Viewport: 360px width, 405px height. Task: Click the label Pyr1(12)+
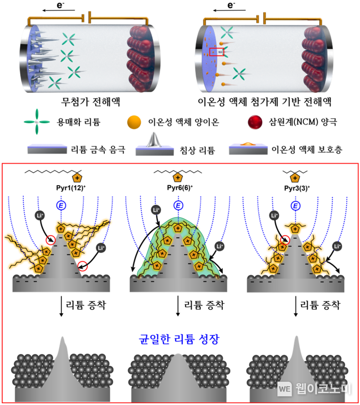tap(71, 188)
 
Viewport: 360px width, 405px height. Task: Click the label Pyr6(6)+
tap(180, 188)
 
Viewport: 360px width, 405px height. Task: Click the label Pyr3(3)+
tap(297, 188)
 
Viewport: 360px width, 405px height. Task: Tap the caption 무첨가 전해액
tap(91, 102)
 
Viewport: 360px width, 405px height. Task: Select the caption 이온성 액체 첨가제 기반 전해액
tap(264, 102)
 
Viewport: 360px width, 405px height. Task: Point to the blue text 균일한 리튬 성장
tap(179, 339)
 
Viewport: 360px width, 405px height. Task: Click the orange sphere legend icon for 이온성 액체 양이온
tap(134, 122)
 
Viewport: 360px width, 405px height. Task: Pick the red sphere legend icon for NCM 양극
tap(255, 122)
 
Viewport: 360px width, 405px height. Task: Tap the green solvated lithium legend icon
tap(37, 122)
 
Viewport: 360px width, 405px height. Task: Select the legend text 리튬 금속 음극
tap(98, 150)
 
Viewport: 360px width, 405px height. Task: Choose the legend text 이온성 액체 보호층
tap(307, 149)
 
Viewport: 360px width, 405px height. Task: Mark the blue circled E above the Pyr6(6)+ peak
tap(178, 206)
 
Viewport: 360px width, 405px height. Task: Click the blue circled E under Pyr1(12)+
tap(61, 206)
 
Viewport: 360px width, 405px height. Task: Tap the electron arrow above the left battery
tap(59, 10)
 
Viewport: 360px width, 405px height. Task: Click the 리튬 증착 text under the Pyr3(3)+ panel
tap(320, 305)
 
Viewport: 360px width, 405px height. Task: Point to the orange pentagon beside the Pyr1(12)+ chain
tap(77, 178)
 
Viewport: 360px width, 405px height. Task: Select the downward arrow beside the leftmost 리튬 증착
tap(61, 306)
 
